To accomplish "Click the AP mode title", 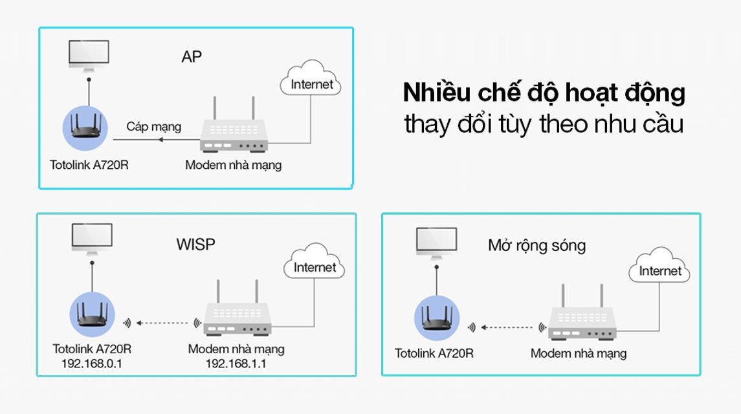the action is [192, 57].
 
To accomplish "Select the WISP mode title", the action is [195, 245].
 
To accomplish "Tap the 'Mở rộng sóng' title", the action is [537, 246].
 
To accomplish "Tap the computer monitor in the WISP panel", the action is [92, 239].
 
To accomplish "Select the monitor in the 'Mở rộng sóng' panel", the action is [437, 243].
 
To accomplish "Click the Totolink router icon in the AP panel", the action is [85, 127].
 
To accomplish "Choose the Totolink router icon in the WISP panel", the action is [92, 314].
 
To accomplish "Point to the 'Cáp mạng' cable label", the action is [153, 127].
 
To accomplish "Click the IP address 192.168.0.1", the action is [92, 364].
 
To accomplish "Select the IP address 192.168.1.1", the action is [236, 364].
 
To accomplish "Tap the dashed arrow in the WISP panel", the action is [162, 323].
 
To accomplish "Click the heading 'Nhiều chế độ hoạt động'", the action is [544, 93].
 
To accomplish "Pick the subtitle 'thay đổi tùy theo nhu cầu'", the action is [544, 124].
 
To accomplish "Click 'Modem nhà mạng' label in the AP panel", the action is [234, 165].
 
